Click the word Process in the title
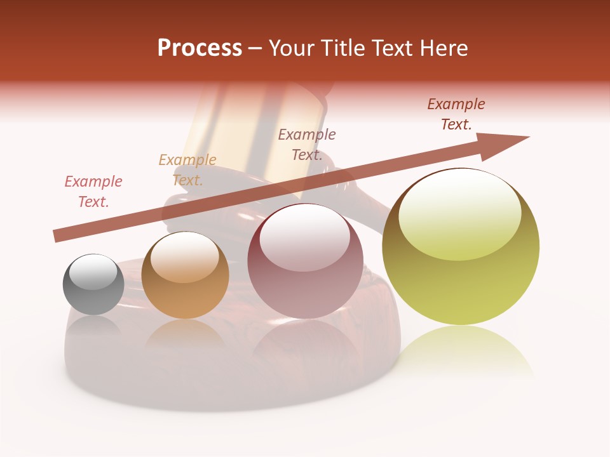click(200, 48)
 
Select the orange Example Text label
click(187, 170)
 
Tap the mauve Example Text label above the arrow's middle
click(307, 144)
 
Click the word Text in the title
click(393, 48)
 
